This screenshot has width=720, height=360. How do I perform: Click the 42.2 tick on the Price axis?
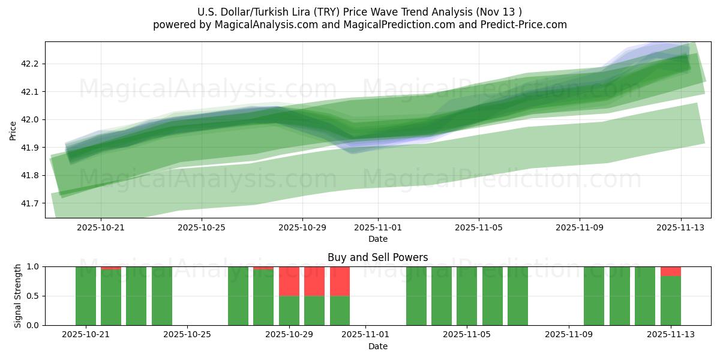30,64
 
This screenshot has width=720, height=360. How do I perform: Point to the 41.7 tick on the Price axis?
30,203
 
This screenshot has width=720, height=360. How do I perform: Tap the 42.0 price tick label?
30,119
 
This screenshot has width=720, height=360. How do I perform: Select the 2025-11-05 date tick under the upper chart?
478,228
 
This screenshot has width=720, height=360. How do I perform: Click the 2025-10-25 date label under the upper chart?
202,228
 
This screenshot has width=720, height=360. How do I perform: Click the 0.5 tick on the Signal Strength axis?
33,296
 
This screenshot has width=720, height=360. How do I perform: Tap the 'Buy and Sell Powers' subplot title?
377,257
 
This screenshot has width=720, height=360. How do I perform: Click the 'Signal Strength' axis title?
18,296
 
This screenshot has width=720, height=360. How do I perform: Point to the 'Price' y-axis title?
13,130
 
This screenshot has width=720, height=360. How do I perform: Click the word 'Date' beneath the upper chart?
377,239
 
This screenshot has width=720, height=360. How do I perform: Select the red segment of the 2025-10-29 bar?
289,281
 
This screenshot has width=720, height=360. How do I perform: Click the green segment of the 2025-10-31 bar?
340,310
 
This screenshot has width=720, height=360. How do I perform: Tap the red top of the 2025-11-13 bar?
671,271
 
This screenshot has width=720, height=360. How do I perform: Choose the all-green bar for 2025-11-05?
467,296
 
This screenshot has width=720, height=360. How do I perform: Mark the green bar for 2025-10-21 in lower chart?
86,296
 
